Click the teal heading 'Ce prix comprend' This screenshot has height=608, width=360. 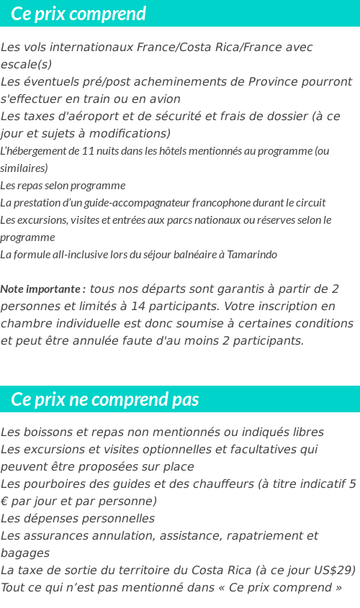78,14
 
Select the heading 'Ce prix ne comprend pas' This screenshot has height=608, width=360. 105,399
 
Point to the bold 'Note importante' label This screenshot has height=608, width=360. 43,289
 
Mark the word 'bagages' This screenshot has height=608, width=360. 25,553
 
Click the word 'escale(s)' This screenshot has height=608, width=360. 27,64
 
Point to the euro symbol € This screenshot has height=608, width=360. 4,502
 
